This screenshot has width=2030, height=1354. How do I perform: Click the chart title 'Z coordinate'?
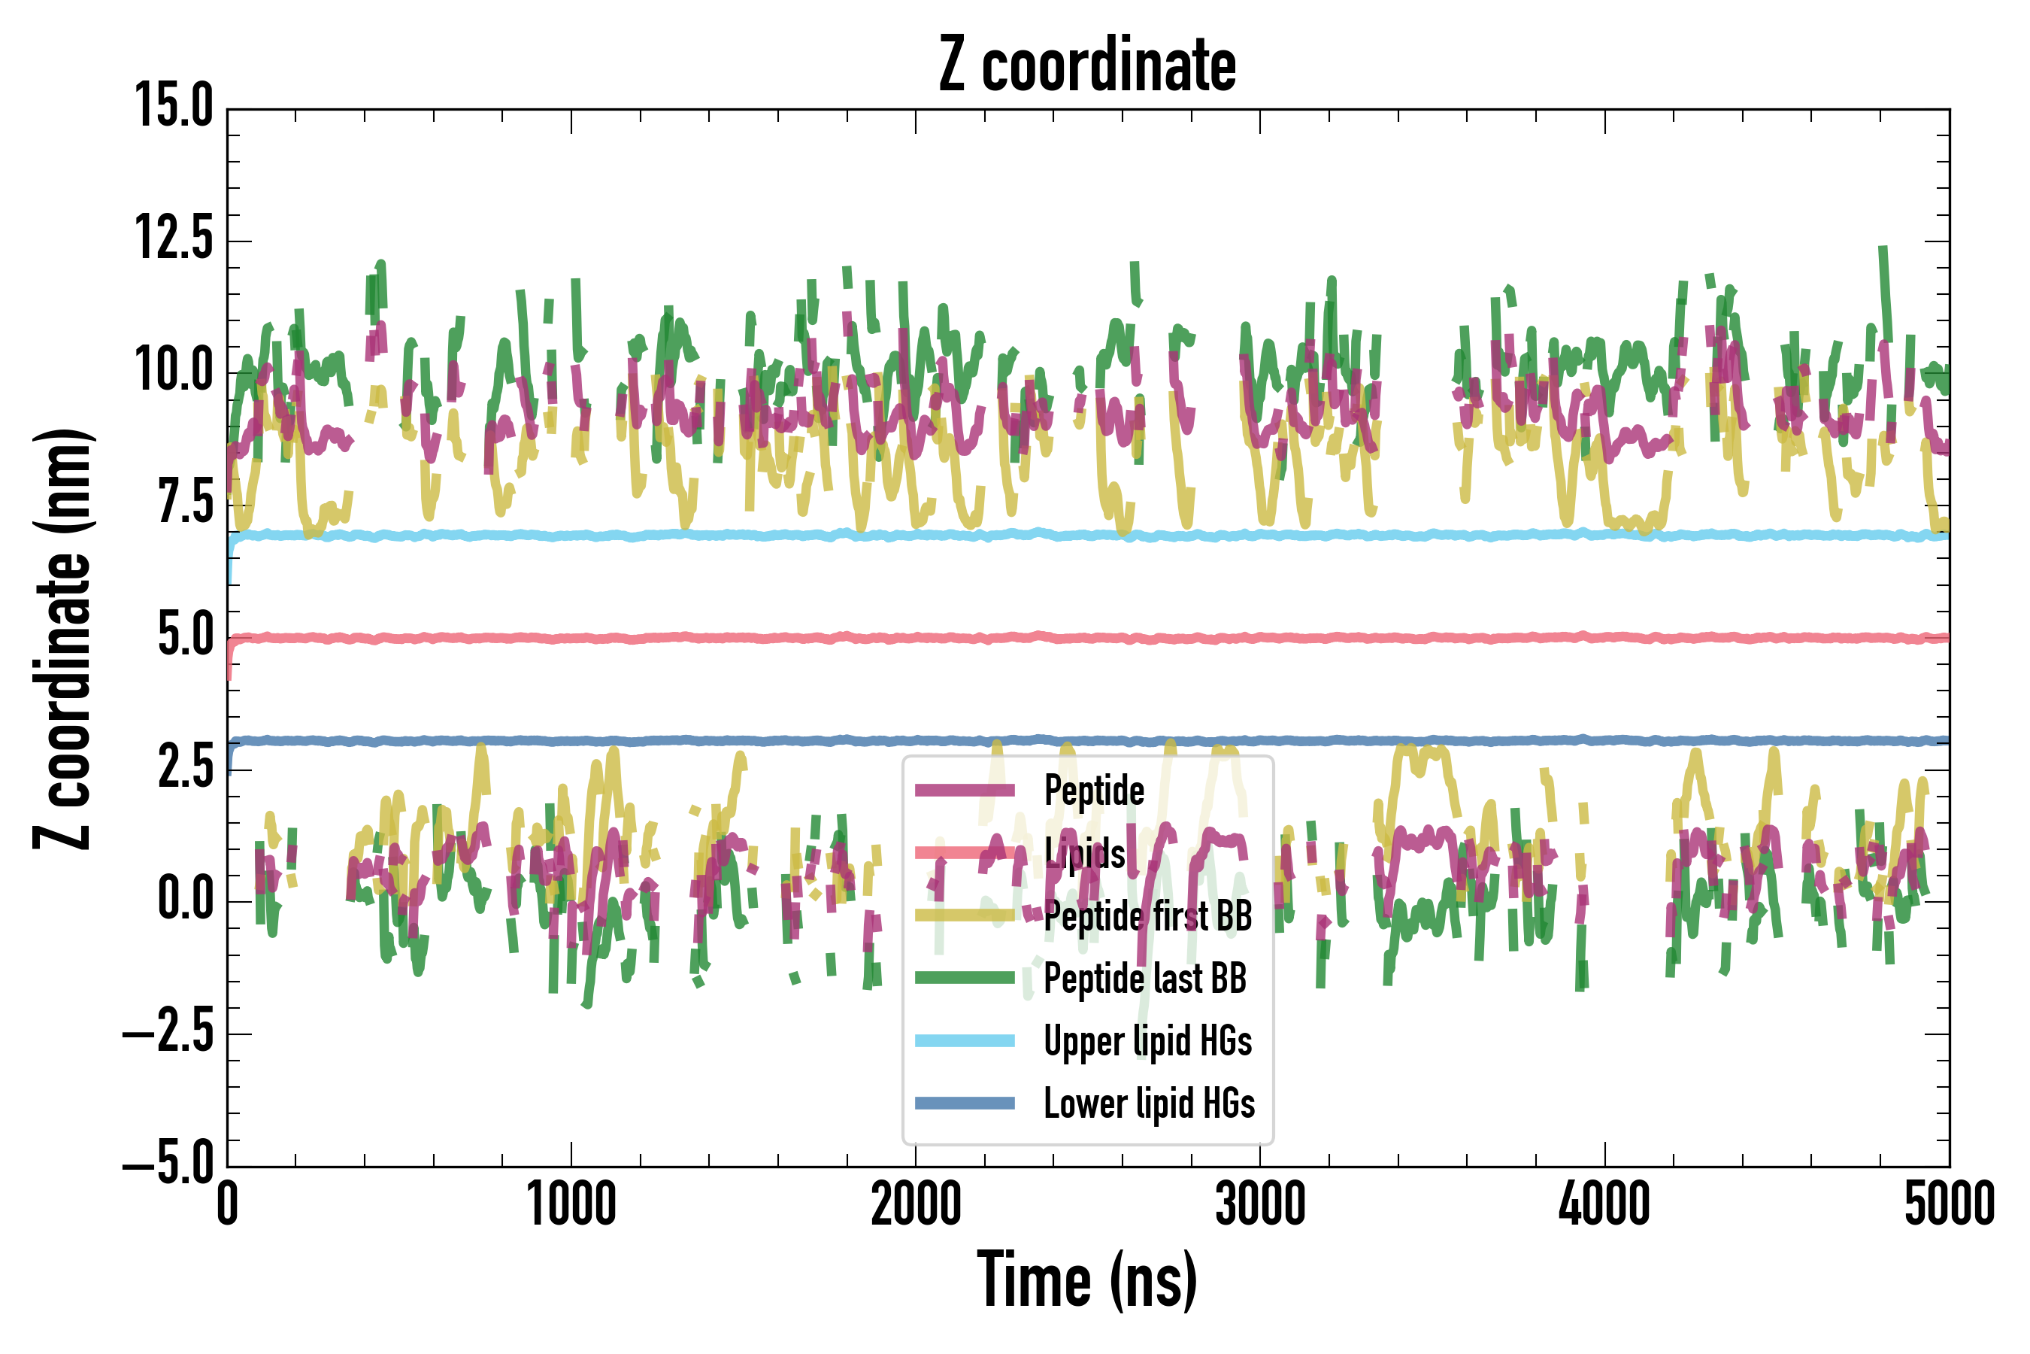pos(1087,65)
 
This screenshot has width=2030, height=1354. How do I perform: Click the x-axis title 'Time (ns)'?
pos(1087,1280)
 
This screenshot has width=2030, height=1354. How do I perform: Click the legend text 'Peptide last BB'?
pos(1145,979)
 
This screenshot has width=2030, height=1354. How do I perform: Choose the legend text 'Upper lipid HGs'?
pos(1148,1041)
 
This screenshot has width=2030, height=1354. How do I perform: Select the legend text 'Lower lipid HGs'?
pos(1149,1104)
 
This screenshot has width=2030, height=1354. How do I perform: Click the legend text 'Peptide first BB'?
pos(1148,915)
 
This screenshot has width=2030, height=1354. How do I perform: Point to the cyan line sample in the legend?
pos(965,1040)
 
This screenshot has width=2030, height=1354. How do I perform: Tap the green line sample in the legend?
pos(965,977)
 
